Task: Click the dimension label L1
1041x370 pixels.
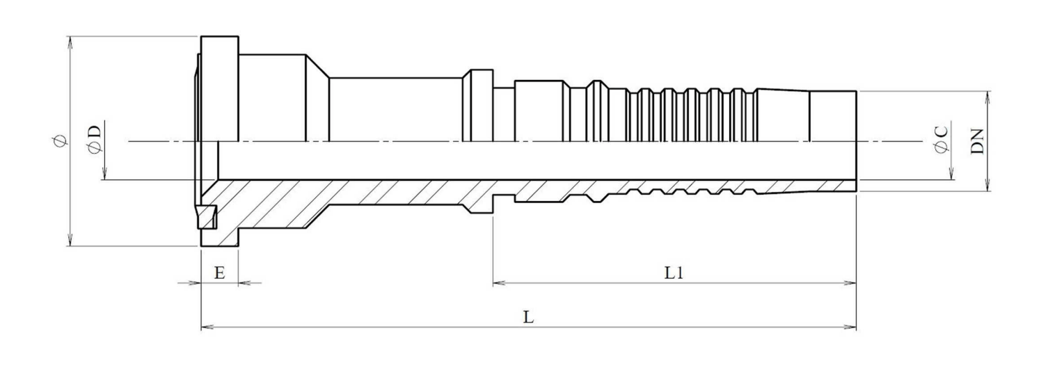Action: [x=674, y=273]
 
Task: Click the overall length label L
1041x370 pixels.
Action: [x=528, y=318]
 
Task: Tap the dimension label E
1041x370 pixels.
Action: [x=219, y=273]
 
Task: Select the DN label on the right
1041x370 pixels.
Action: [x=978, y=141]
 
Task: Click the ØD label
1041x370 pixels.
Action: [x=95, y=139]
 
